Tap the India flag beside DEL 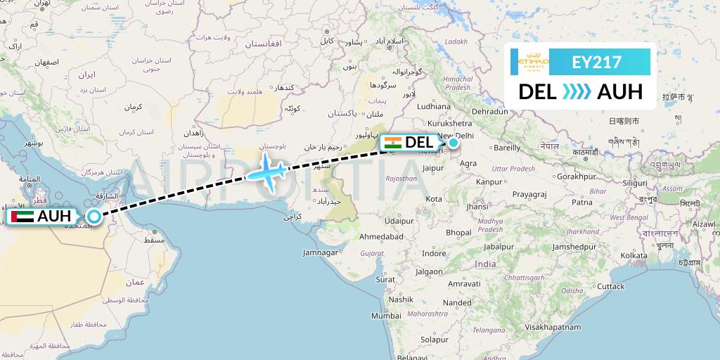point(392,143)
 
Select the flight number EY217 point(597,62)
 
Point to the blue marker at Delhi point(454,143)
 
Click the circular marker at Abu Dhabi point(94,217)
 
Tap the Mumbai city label point(386,316)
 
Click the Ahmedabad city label point(381,237)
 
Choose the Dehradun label point(490,111)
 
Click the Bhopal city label point(458,233)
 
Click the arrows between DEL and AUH point(577,92)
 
